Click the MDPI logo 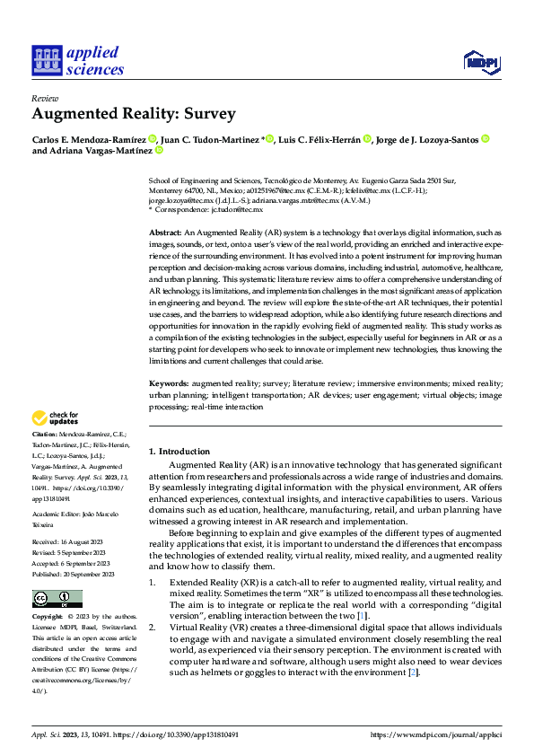click(481, 61)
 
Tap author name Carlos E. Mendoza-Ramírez click(90, 139)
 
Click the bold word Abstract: click(166, 233)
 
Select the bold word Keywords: click(169, 383)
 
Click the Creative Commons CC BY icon click(57, 599)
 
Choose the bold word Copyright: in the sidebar click(48, 618)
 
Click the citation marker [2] click(413, 672)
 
